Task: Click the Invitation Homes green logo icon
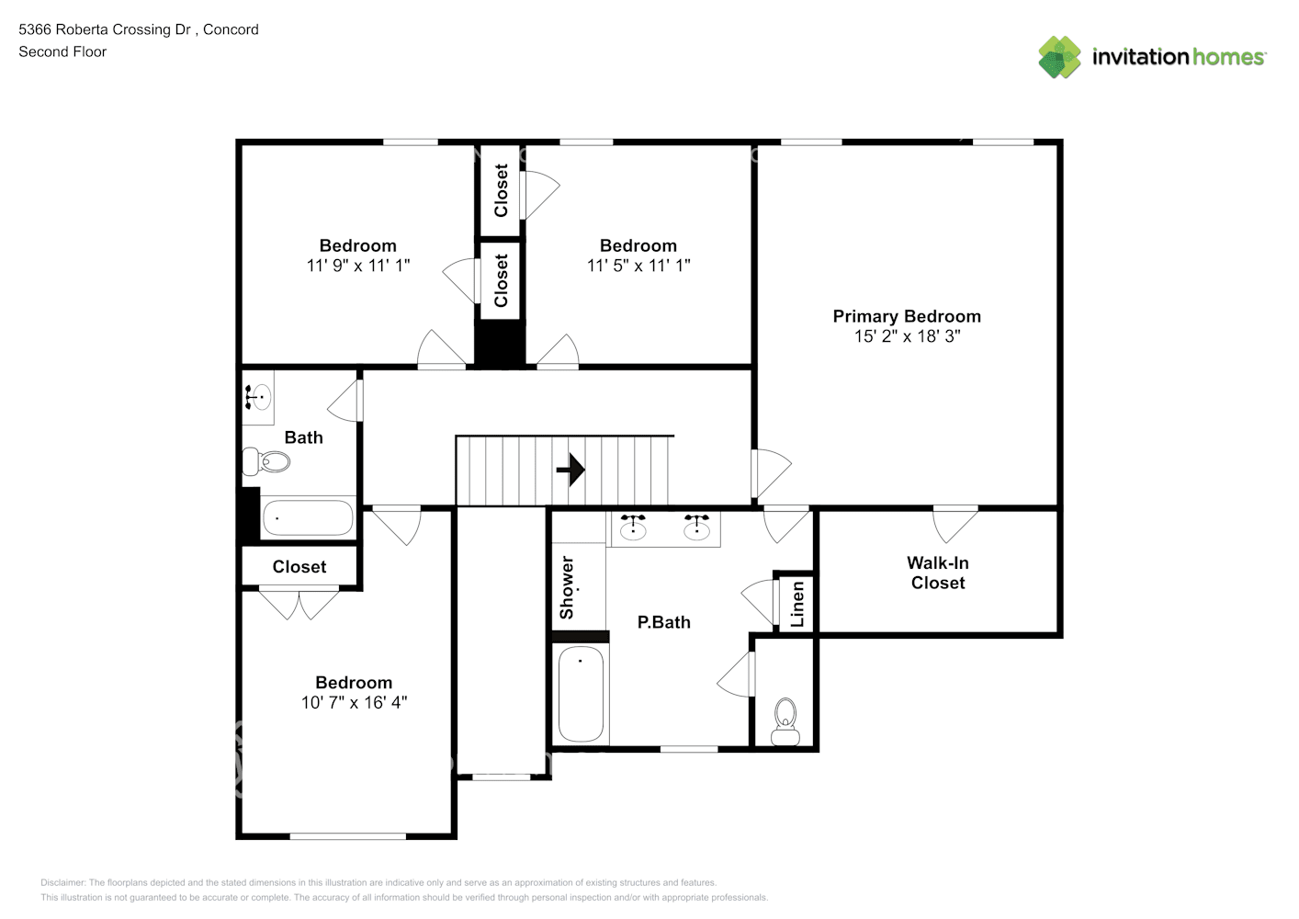pos(1059,57)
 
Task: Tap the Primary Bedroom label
pos(907,316)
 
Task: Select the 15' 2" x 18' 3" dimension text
pos(907,336)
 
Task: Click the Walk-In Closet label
pos(938,573)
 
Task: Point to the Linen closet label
pos(798,604)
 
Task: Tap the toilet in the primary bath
pos(785,721)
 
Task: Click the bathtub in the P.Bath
pos(581,694)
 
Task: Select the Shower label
pos(567,588)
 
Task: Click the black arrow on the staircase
pos(570,470)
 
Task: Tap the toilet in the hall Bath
pos(265,462)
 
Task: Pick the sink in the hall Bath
pos(258,397)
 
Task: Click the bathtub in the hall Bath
pos(308,517)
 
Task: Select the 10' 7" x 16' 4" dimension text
pos(354,703)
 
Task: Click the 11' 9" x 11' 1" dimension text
pos(357,266)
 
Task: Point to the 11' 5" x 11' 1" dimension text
pos(638,266)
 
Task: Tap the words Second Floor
pos(62,51)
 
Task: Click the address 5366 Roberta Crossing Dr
pos(105,29)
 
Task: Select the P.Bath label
pos(664,622)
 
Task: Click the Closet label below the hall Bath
pos(299,566)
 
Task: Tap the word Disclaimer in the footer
pos(63,882)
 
